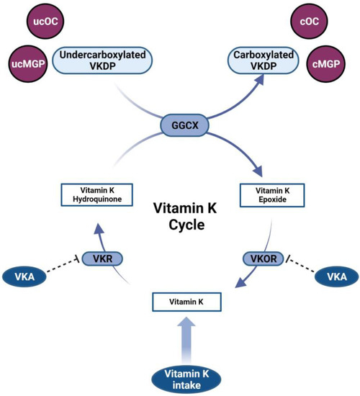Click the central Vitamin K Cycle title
point(179,219)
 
